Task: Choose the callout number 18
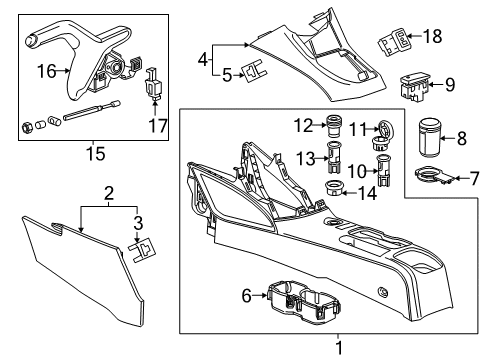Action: (x=432, y=36)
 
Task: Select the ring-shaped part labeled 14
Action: (x=335, y=190)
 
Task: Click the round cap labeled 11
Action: (x=384, y=130)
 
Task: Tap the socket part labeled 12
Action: (x=334, y=127)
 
